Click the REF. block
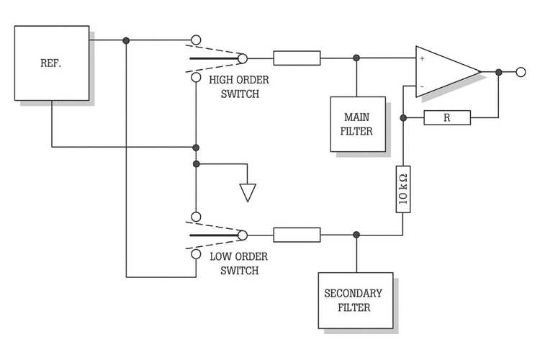pos(52,63)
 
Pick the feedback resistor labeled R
pos(446,117)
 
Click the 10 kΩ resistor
pos(403,190)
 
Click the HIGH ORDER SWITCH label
pos(234,86)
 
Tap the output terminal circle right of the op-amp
pos(521,72)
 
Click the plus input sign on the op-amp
pos(422,58)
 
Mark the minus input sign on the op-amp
pos(422,86)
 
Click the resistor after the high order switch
pos(297,58)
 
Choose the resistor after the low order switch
pos(297,234)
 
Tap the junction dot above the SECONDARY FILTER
pos(356,234)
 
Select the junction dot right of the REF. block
pos(126,40)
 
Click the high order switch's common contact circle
pos(243,58)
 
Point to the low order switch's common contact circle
pos(243,234)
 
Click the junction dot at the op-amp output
pos(498,72)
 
